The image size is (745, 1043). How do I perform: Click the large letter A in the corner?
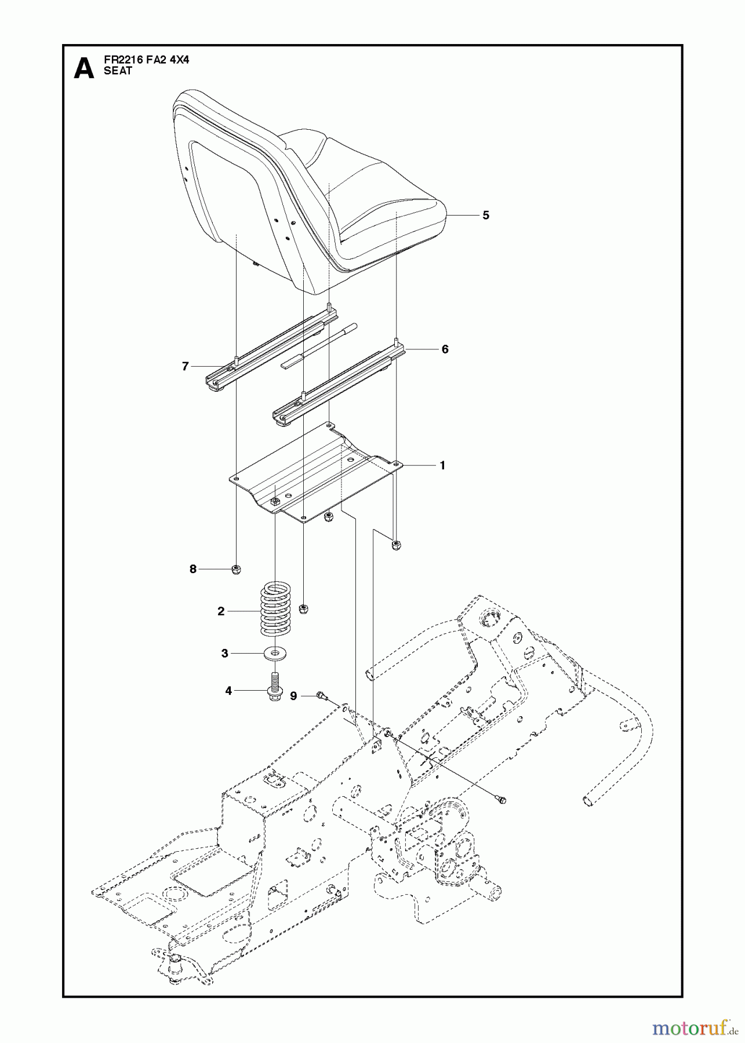pyautogui.click(x=84, y=68)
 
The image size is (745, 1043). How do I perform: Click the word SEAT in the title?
pyautogui.click(x=118, y=71)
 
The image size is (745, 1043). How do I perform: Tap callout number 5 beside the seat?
pyautogui.click(x=486, y=216)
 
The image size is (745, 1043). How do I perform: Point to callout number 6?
pyautogui.click(x=445, y=349)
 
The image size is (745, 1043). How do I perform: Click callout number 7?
pyautogui.click(x=186, y=366)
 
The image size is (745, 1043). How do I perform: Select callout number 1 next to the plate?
pyautogui.click(x=442, y=465)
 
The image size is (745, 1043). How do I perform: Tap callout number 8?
pyautogui.click(x=193, y=569)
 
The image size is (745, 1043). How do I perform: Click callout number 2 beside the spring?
pyautogui.click(x=221, y=611)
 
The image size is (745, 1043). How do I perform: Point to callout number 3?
pyautogui.click(x=224, y=654)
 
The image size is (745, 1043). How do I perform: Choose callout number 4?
pyautogui.click(x=228, y=691)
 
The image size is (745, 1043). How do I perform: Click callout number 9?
pyautogui.click(x=293, y=696)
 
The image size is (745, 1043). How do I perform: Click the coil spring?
pyautogui.click(x=274, y=608)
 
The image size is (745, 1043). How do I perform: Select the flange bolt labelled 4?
pyautogui.click(x=274, y=686)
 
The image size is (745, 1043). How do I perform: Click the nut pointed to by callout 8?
pyautogui.click(x=237, y=570)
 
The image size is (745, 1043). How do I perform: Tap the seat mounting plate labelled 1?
pyautogui.click(x=313, y=469)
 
